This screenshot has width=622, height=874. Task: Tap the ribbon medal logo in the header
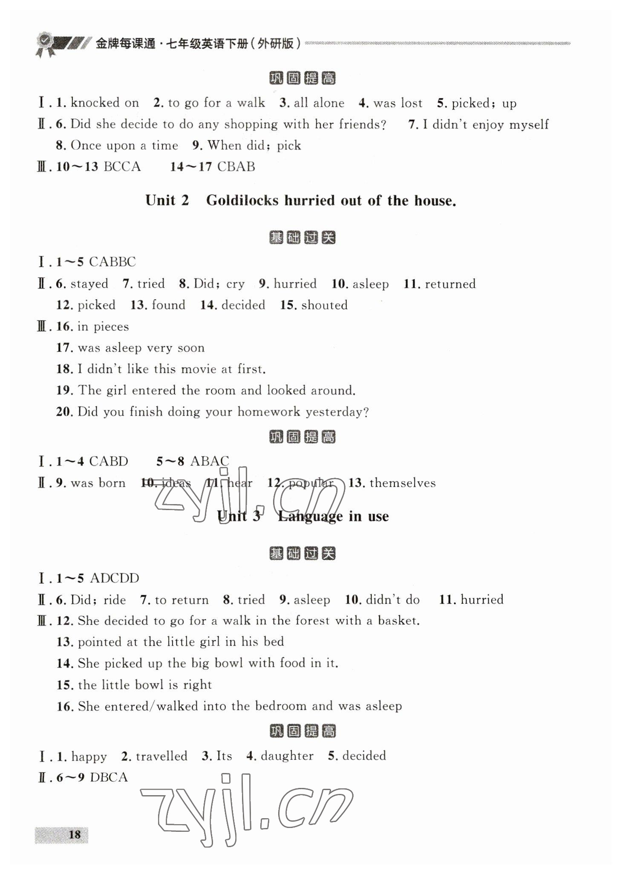click(45, 44)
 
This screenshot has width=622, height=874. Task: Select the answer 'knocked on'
click(105, 103)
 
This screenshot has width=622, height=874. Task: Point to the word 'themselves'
click(403, 483)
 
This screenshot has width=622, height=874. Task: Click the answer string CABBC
click(112, 262)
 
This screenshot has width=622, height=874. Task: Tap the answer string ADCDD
click(115, 578)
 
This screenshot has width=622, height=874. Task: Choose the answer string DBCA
click(109, 777)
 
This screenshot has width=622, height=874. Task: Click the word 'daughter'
click(287, 756)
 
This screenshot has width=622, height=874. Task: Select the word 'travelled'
click(161, 756)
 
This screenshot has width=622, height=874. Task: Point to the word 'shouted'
click(324, 305)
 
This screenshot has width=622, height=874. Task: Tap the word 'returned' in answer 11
click(450, 284)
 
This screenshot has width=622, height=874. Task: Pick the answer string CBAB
click(236, 167)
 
